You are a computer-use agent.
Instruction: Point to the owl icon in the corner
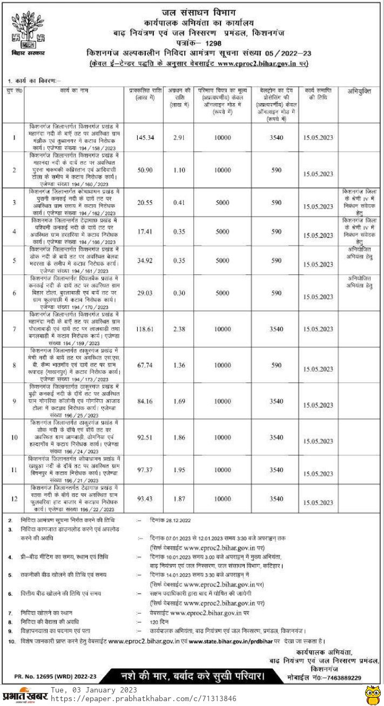pos(372,694)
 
